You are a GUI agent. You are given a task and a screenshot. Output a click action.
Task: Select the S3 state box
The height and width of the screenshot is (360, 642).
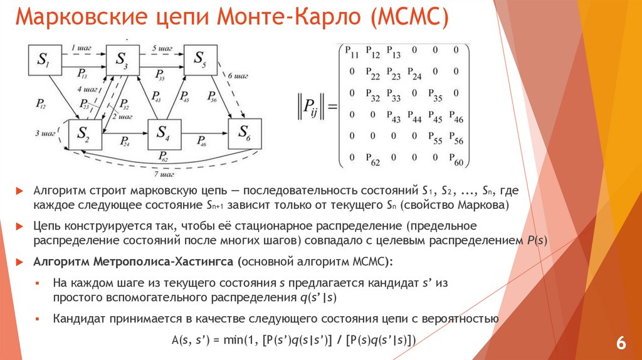(x=122, y=61)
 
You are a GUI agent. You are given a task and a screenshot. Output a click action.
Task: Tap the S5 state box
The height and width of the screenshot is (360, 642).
(x=199, y=60)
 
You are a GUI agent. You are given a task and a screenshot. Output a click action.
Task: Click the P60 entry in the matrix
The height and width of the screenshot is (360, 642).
(x=457, y=161)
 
